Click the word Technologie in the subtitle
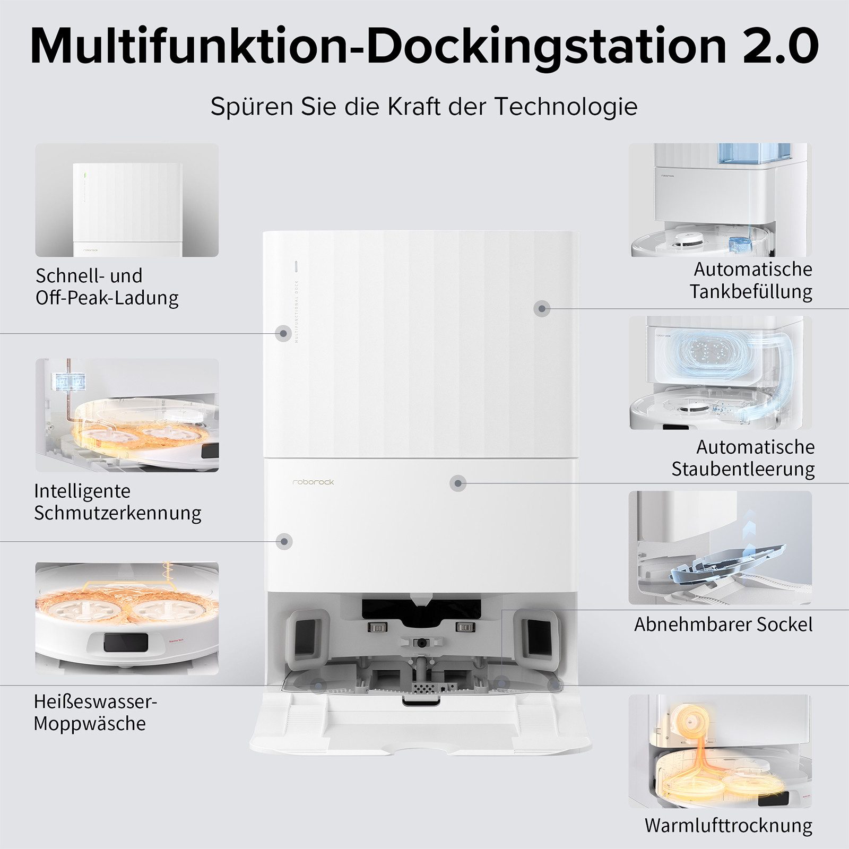coord(566,106)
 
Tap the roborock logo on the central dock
coord(314,482)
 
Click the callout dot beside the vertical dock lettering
coord(283,334)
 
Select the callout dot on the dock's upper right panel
coord(541,308)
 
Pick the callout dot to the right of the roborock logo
coord(458,483)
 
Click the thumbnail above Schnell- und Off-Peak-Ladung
coord(127,200)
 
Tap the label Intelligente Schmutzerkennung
coord(117,501)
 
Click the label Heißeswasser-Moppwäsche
coord(95,712)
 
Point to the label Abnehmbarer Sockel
coord(723,624)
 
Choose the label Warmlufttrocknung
coord(728,826)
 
